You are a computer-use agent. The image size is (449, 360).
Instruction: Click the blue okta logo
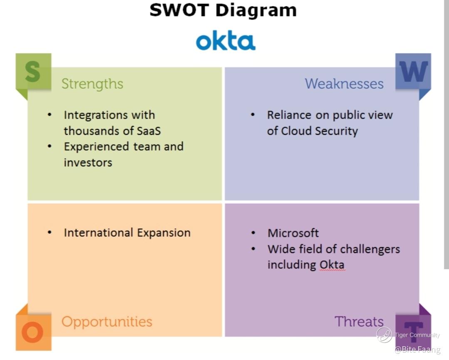pos(226,41)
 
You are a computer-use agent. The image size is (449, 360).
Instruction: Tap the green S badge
pos(34,71)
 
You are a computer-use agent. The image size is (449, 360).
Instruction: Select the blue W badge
pos(413,71)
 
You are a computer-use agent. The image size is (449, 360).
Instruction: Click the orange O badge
pos(34,332)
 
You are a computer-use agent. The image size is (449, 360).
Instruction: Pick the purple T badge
pos(413,332)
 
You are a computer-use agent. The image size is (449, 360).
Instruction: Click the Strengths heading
pos(92,84)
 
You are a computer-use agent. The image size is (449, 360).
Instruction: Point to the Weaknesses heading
pos(344,84)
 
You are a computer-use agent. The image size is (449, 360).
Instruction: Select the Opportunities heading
pos(107,322)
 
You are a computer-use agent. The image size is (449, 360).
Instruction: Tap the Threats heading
pos(359,321)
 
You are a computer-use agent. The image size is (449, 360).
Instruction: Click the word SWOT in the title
pos(179,10)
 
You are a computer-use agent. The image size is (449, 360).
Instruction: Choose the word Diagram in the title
pos(256,10)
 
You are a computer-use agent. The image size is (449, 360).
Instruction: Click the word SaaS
pos(149,131)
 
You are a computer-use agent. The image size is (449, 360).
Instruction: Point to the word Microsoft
pos(293,233)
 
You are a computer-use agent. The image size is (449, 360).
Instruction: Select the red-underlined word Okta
pos(332,265)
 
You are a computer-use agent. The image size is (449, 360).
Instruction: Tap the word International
pos(99,233)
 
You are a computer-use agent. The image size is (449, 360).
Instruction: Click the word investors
pos(88,163)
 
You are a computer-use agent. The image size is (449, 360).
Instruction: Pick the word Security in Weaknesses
pos(337,131)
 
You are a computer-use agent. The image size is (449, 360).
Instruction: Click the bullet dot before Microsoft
pos(253,233)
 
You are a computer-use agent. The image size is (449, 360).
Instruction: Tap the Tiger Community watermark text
pos(417,335)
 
